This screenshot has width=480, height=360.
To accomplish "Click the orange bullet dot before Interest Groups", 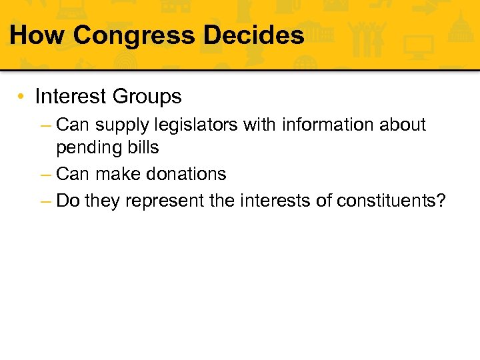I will click(22, 97).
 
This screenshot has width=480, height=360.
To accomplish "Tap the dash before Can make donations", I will click(46, 175).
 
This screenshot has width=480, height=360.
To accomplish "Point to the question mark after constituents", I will click(440, 201).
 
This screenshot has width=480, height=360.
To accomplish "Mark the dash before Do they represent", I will click(46, 201).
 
